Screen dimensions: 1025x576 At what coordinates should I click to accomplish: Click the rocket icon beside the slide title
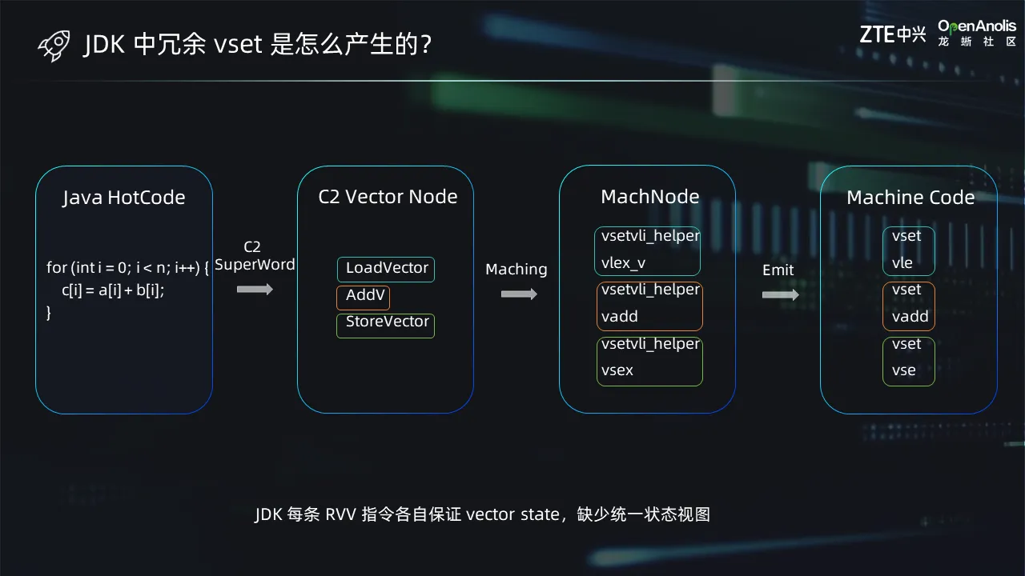(54, 46)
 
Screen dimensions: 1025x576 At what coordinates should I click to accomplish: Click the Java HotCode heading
(124, 198)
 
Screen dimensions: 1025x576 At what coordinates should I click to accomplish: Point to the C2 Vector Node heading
(388, 197)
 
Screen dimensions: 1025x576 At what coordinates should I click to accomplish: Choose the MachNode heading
(649, 197)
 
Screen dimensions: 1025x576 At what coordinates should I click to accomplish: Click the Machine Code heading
(910, 198)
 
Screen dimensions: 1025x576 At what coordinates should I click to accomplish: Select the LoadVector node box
(386, 270)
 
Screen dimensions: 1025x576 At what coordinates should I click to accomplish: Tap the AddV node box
(364, 297)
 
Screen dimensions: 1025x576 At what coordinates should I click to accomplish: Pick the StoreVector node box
(386, 326)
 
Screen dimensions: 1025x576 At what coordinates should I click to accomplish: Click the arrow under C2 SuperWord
(255, 290)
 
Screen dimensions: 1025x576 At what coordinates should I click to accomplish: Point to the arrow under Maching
(519, 294)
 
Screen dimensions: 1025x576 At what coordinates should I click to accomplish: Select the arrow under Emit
(780, 295)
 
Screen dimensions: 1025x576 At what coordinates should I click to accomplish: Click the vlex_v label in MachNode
(623, 263)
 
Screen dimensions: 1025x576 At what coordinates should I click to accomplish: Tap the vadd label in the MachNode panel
(620, 316)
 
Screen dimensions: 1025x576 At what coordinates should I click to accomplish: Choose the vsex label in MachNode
(617, 370)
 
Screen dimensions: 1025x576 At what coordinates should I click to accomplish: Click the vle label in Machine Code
(902, 263)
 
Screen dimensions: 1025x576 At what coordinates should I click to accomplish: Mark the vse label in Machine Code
(904, 370)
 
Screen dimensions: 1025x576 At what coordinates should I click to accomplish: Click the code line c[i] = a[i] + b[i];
(113, 290)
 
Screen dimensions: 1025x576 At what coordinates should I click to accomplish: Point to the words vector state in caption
(512, 514)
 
